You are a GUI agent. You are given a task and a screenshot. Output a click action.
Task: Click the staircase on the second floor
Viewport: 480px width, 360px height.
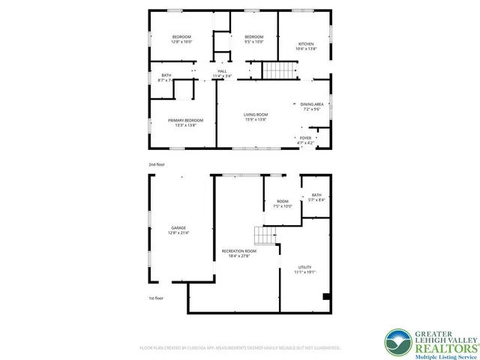(275, 70)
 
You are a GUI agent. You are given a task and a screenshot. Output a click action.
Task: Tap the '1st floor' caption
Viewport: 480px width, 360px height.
(157, 298)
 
